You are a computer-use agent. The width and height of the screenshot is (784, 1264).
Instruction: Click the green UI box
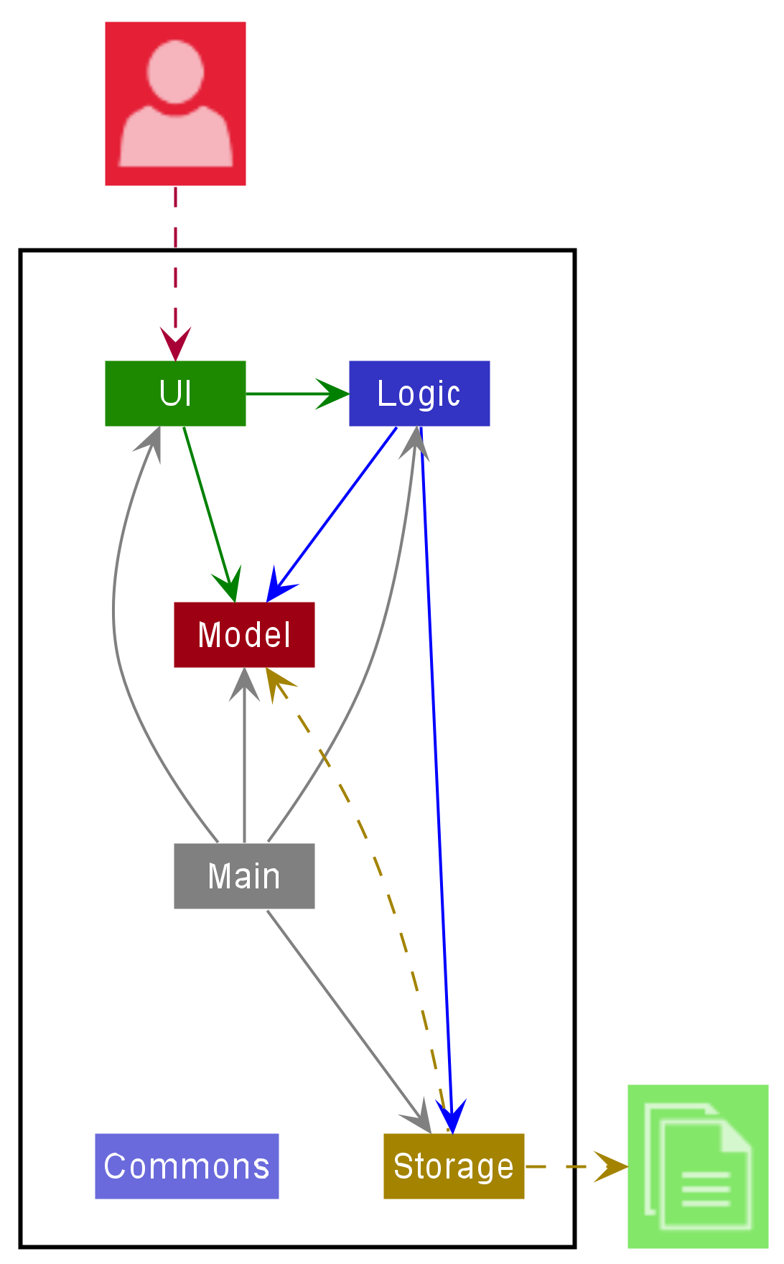click(175, 394)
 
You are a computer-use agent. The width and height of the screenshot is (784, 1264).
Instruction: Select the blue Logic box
click(419, 394)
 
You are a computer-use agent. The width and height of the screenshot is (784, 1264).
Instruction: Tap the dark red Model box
click(244, 635)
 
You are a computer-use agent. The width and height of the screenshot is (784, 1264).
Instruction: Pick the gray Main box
click(244, 876)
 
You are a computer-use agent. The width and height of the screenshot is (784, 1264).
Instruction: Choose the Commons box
click(187, 1166)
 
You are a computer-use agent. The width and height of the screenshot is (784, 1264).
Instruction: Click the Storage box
click(454, 1166)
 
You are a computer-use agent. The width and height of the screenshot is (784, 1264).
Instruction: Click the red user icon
click(175, 103)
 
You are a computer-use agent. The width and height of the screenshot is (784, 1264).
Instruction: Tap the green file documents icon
click(698, 1166)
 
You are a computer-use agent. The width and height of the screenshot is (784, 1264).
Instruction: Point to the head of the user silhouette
click(175, 72)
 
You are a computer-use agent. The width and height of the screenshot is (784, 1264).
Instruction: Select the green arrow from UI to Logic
click(294, 394)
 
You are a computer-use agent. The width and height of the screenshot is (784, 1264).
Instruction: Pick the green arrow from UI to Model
click(208, 510)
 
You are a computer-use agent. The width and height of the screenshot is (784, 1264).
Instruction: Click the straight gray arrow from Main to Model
click(244, 761)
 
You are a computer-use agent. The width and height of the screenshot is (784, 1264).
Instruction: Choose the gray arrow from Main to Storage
click(345, 1013)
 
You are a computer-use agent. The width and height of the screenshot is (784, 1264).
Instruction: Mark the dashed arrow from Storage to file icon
click(574, 1166)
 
